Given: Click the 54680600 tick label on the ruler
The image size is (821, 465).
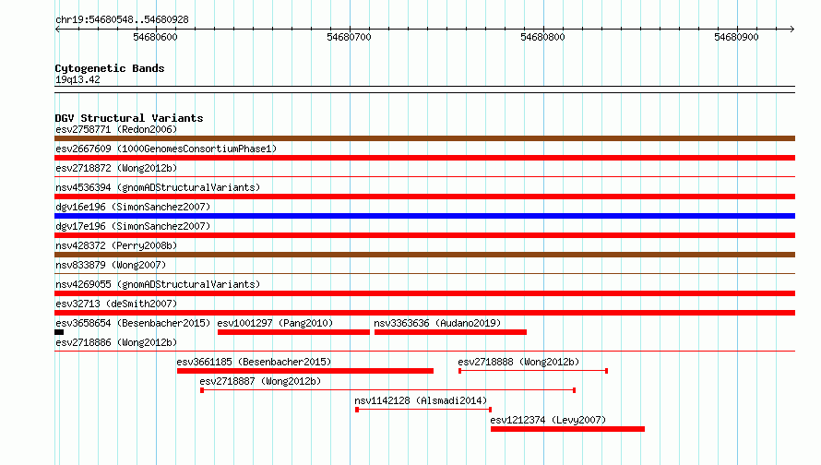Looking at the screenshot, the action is click(x=156, y=37).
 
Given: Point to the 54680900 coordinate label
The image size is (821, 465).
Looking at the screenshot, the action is click(x=737, y=37).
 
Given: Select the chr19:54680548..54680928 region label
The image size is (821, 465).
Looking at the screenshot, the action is click(x=122, y=20).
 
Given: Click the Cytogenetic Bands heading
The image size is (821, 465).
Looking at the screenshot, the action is click(x=110, y=68).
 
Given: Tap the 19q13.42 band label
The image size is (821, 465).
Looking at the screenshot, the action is click(x=77, y=79).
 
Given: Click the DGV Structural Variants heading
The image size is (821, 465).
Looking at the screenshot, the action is click(x=129, y=118).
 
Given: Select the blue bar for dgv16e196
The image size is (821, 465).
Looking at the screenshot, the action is click(x=424, y=216).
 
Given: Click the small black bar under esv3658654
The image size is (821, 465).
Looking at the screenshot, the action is click(x=59, y=332).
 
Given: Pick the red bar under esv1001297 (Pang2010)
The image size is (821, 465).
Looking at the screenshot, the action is click(x=293, y=332).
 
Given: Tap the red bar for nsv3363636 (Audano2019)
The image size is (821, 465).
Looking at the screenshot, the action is click(x=450, y=332).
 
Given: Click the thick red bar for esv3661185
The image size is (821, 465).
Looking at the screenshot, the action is click(x=305, y=371).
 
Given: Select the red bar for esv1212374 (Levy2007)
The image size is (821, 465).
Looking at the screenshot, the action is click(x=567, y=429).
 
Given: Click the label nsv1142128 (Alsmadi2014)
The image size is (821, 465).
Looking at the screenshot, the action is click(x=421, y=400).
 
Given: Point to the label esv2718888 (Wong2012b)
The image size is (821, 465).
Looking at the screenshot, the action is click(x=518, y=362).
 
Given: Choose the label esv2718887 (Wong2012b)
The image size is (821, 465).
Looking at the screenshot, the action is click(x=260, y=381).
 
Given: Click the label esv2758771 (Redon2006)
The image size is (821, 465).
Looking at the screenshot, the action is click(x=116, y=129).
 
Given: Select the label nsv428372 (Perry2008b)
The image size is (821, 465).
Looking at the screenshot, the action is click(x=116, y=245).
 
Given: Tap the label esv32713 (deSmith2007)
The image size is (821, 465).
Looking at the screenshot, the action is click(x=116, y=304).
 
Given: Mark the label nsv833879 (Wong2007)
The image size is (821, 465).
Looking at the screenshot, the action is click(x=111, y=265).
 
